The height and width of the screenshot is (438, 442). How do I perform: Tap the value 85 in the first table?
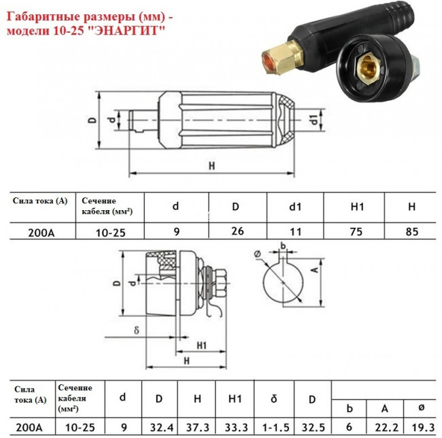(x=411, y=231)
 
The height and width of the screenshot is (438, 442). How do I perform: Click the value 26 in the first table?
(x=237, y=231)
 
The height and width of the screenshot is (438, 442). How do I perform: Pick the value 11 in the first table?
(x=296, y=231)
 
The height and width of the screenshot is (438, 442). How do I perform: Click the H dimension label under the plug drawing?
(x=211, y=165)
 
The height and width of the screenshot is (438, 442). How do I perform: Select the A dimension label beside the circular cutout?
(x=314, y=269)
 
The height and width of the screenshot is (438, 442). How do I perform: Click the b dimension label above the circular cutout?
(x=282, y=244)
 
